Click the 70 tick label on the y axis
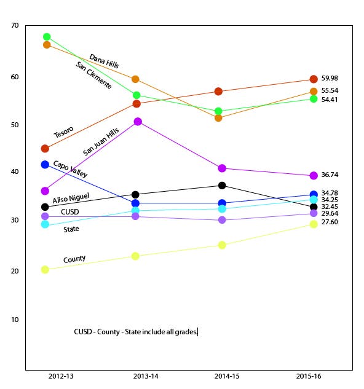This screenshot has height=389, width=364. [15, 25]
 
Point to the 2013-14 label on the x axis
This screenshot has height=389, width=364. [146, 376]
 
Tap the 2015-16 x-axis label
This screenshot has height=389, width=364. [309, 376]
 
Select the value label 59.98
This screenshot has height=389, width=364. [330, 78]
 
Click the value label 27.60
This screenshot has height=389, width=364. [330, 222]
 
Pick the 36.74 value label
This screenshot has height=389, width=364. [330, 175]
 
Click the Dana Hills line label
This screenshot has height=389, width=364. [104, 61]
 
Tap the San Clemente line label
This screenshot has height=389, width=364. [93, 75]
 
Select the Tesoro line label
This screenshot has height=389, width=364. [64, 132]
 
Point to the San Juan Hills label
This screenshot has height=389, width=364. [101, 142]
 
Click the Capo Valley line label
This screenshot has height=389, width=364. [70, 169]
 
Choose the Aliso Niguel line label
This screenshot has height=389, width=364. [71, 198]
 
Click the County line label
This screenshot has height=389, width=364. [74, 259]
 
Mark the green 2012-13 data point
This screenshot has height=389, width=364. [47, 37]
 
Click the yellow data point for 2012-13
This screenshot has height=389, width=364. [45, 269]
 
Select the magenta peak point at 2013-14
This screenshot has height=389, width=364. [138, 122]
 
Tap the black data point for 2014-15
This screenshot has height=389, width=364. [222, 186]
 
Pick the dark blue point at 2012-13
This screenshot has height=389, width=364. [45, 165]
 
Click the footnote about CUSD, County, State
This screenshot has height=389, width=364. [136, 332]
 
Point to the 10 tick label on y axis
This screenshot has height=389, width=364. [15, 320]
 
